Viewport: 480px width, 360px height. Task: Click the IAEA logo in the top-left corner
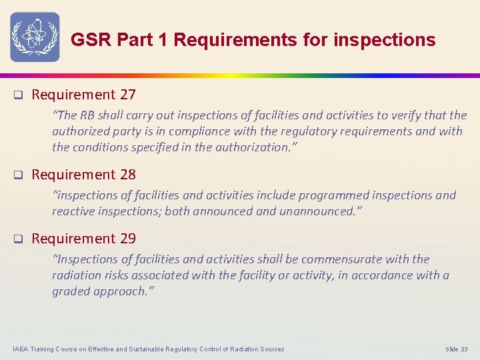coord(35,37)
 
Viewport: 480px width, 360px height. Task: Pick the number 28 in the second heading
coord(129,175)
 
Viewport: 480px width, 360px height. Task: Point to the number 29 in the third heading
coord(129,239)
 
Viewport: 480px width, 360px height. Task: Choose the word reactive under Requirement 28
coord(74,211)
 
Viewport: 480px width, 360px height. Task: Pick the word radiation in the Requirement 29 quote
coord(77,275)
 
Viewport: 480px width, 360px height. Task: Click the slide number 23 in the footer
coord(465,349)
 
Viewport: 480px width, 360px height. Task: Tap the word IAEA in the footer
coord(21,349)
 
